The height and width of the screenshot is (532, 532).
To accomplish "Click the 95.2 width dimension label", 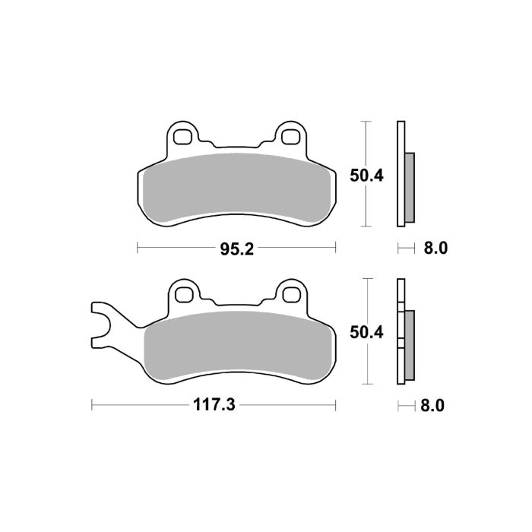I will (236, 247).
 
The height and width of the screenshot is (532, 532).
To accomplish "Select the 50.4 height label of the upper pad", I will (367, 175).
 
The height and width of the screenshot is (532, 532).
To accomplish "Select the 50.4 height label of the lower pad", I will (367, 331).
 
